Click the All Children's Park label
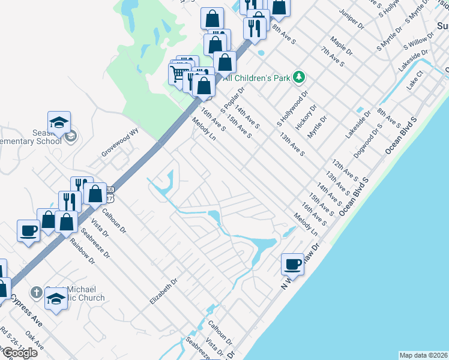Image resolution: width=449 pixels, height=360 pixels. click(257, 77)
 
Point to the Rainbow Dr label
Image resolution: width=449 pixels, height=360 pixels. click(82, 250)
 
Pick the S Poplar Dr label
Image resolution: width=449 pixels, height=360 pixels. click(233, 102)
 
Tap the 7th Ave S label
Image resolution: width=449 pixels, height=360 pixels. click(332, 56)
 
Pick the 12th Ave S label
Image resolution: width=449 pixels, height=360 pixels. click(345, 170)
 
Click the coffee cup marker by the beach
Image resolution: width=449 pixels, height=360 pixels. click(293, 263)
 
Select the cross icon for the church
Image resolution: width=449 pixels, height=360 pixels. click(36, 292)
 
